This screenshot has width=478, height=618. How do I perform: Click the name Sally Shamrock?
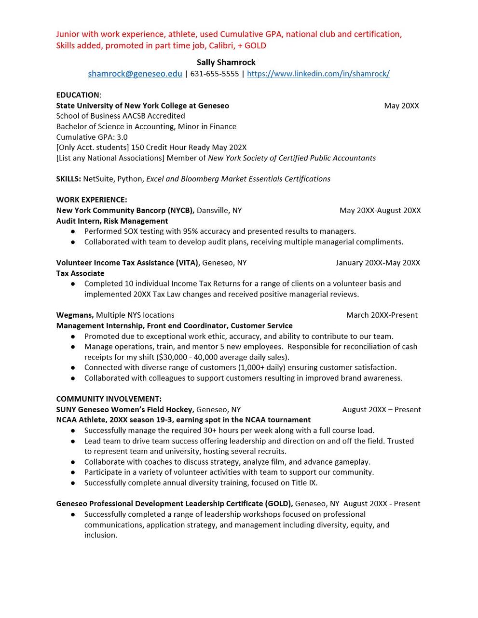pyautogui.click(x=226, y=62)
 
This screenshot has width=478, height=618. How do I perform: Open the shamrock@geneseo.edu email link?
pyautogui.click(x=135, y=74)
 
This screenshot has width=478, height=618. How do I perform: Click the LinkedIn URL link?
pyautogui.click(x=318, y=74)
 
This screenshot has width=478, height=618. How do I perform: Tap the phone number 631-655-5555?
pyautogui.click(x=215, y=74)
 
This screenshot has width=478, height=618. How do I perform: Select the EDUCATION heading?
pyautogui.click(x=78, y=95)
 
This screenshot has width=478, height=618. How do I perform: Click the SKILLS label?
pyautogui.click(x=68, y=179)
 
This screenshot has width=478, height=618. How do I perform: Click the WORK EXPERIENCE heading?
pyautogui.click(x=92, y=200)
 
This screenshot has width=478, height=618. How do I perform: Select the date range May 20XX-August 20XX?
pyautogui.click(x=380, y=210)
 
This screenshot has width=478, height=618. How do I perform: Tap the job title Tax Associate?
pyautogui.click(x=80, y=273)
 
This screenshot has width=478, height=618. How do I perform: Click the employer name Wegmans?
pyautogui.click(x=75, y=315)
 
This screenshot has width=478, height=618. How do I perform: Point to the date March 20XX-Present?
pyautogui.click(x=382, y=315)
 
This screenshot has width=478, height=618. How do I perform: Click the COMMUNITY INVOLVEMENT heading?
pyautogui.click(x=109, y=399)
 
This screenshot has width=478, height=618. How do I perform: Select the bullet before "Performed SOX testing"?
pyautogui.click(x=73, y=231)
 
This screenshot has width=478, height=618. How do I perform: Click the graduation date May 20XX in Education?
pyautogui.click(x=401, y=106)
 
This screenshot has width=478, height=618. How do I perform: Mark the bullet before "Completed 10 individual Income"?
pyautogui.click(x=73, y=284)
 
